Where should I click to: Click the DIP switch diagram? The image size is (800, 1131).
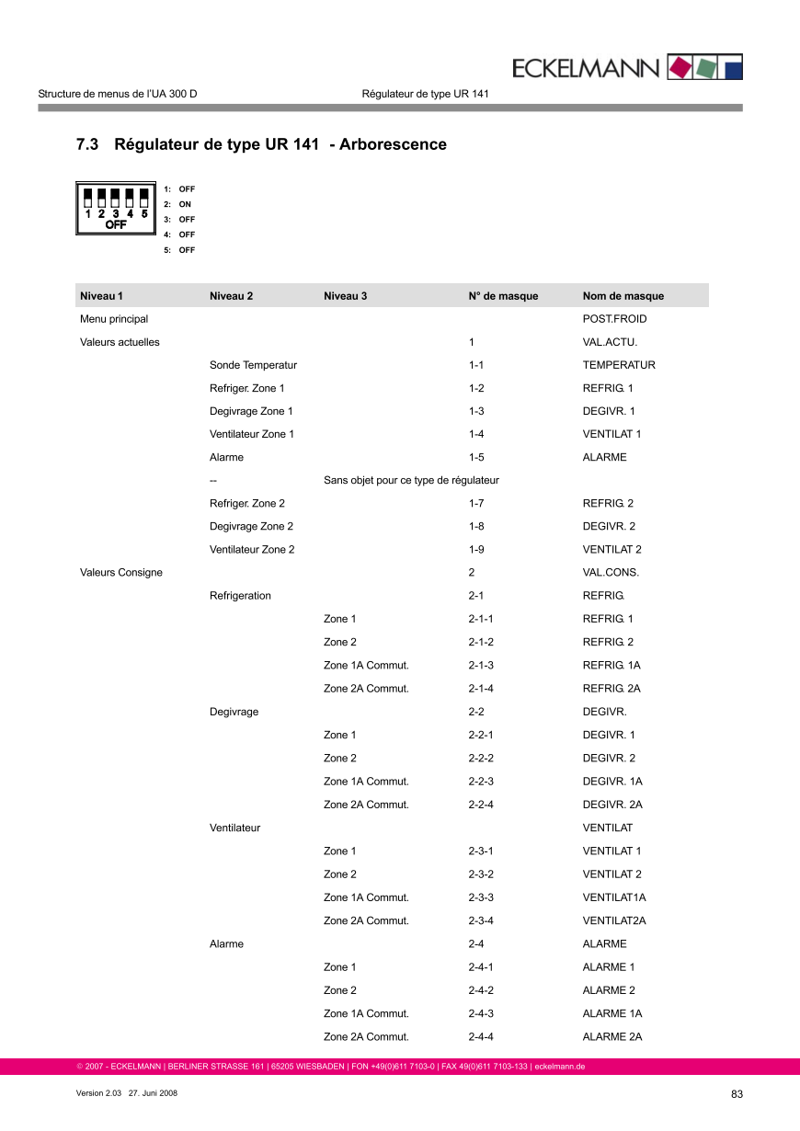[x=116, y=209]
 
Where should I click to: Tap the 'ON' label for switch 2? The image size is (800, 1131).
[x=185, y=204]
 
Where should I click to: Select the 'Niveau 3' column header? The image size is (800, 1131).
[x=345, y=296]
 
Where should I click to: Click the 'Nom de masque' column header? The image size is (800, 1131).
[x=623, y=296]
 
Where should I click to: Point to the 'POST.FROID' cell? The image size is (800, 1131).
[x=614, y=319]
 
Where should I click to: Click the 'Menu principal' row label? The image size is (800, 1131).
[x=114, y=319]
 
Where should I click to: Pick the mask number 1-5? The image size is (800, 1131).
[x=476, y=457]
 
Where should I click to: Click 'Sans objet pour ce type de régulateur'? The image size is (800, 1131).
[x=411, y=480]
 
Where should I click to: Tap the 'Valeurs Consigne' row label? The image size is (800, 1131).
[x=121, y=572]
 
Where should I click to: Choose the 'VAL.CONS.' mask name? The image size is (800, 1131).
[x=611, y=572]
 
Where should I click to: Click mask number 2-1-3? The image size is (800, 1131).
[x=481, y=665]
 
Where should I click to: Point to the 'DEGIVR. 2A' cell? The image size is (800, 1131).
[x=612, y=805]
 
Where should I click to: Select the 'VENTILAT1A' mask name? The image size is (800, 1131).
[x=614, y=897]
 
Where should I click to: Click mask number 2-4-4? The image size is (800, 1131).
[x=481, y=1037]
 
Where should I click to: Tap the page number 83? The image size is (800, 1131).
[x=737, y=1093]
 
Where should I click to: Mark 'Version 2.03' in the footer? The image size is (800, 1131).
[x=97, y=1093]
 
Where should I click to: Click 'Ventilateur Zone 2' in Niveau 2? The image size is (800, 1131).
[x=252, y=549]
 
